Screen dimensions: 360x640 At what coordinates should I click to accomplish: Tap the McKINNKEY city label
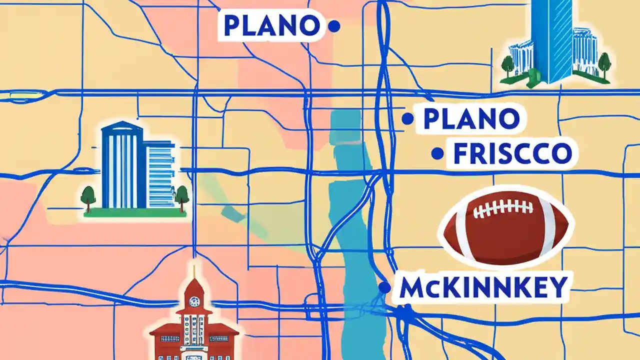click(x=484, y=287)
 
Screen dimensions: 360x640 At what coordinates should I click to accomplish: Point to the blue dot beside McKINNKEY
click(x=384, y=287)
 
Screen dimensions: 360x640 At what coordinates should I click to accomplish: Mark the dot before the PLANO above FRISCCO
click(x=408, y=119)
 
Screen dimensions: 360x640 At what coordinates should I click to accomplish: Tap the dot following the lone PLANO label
click(x=333, y=26)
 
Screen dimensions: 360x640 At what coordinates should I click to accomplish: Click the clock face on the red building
click(x=194, y=301)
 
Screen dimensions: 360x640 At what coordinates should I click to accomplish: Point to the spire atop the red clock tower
click(x=194, y=272)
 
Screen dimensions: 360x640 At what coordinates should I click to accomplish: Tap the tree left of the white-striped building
click(x=88, y=196)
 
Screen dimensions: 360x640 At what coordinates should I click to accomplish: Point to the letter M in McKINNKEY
click(x=413, y=287)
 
